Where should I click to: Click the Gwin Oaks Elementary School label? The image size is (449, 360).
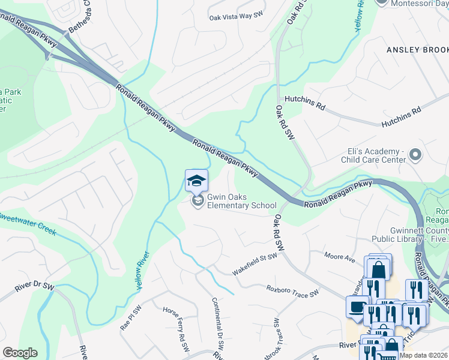[241, 201]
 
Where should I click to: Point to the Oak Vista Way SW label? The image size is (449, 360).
[237, 18]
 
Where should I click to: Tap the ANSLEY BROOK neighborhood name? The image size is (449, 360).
[417, 49]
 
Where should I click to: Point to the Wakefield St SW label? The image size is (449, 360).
[255, 264]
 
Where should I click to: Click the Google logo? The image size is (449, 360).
[19, 353]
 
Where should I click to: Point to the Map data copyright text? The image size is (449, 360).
[423, 355]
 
